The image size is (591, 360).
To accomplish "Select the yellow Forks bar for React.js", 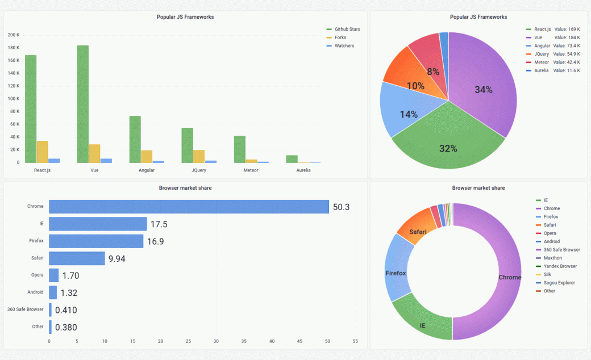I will point(42,152).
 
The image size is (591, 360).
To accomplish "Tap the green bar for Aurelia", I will point(292,159).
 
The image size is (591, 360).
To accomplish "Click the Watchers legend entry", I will point(344,45).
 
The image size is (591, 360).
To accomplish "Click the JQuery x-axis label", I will point(199,170).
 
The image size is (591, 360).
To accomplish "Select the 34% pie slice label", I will point(484,90).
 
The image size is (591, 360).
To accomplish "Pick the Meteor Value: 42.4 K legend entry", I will point(557,62).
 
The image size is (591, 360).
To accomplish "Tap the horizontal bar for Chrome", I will point(189,207).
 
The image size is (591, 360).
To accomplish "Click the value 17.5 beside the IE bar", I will point(159,224).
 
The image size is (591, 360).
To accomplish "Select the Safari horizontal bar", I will point(77,258).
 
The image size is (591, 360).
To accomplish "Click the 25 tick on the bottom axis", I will point(188,341).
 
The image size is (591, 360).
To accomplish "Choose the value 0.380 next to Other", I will point(66,327).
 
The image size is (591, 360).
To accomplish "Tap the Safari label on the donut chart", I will point(418,232).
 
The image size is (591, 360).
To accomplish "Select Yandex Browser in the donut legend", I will point(560,266).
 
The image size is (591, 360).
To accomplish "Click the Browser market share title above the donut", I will point(478,188).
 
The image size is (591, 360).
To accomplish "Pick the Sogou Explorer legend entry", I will point(559,283).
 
